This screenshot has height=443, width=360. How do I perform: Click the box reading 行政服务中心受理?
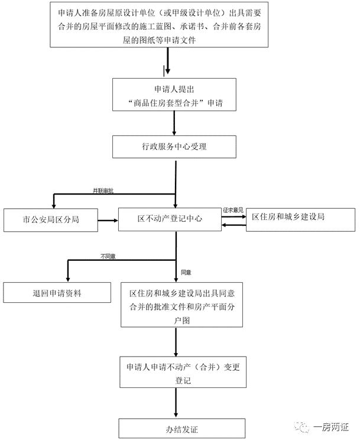click(174, 147)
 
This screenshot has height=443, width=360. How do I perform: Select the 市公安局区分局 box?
click(51, 220)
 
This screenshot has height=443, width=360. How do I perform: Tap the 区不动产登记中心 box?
click(170, 219)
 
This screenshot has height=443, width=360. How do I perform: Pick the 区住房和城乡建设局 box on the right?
click(300, 220)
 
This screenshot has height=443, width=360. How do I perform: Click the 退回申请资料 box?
click(57, 292)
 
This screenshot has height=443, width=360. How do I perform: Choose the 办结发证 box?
click(182, 428)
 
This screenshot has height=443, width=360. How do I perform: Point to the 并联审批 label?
click(103, 191)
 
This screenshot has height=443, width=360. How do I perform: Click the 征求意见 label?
click(233, 210)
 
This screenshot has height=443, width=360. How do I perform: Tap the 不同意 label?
click(108, 257)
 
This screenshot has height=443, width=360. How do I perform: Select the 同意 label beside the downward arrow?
click(186, 272)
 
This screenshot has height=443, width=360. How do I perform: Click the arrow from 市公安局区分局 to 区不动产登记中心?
click(108, 220)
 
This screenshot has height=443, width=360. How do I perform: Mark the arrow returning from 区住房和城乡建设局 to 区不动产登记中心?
click(233, 225)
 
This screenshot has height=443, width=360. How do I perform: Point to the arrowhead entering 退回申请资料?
click(68, 279)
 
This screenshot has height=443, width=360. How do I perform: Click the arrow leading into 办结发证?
click(176, 403)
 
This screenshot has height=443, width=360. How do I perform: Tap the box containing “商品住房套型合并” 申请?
click(174, 95)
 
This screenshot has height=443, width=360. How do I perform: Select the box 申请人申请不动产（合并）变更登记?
click(183, 372)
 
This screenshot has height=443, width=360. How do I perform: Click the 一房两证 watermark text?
click(331, 427)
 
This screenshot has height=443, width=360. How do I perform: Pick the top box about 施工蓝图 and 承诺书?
click(159, 25)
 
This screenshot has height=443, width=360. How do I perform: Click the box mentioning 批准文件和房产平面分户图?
click(182, 305)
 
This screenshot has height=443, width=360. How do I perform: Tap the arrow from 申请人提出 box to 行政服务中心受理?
click(174, 123)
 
